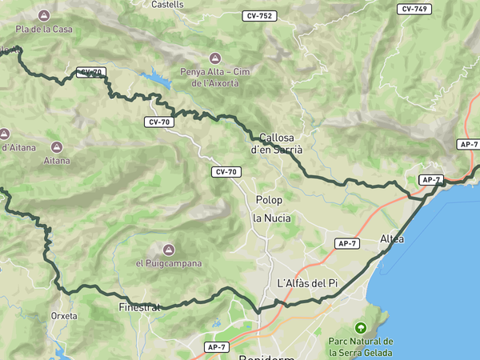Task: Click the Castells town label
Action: click(x=167, y=4)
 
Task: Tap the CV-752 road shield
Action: click(x=260, y=16)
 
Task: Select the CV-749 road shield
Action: click(x=414, y=9)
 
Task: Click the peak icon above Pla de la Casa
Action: click(x=43, y=14)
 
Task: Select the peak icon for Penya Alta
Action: click(x=214, y=58)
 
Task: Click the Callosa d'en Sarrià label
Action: click(x=277, y=142)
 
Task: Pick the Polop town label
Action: click(x=269, y=199)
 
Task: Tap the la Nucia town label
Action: click(x=272, y=218)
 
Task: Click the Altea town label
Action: click(x=392, y=239)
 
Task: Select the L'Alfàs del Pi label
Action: click(x=307, y=283)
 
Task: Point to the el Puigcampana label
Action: click(x=169, y=263)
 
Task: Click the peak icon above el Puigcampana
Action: click(x=169, y=249)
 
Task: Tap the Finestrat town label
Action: click(x=139, y=306)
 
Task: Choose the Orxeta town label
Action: click(x=63, y=316)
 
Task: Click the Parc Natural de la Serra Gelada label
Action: click(x=361, y=346)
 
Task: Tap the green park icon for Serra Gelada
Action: click(x=361, y=328)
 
